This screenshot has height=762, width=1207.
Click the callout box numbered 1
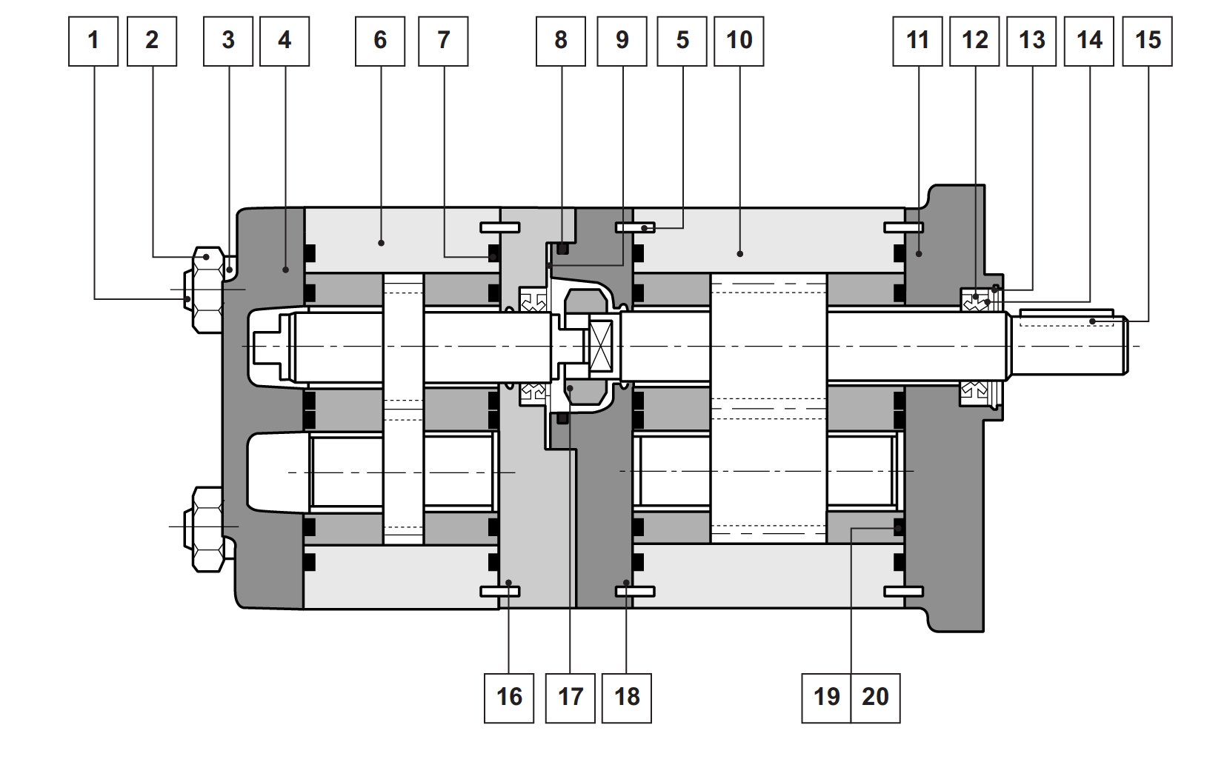tap(93, 41)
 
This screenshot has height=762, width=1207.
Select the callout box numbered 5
tap(682, 41)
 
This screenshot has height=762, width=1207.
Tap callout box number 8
tap(561, 41)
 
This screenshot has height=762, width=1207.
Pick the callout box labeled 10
tap(739, 41)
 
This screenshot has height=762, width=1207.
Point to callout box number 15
tap(1147, 41)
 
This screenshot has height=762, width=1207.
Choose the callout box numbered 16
tap(509, 698)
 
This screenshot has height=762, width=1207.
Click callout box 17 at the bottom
tap(571, 698)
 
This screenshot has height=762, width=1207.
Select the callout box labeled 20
tap(875, 698)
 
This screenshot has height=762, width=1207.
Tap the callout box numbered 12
tap(975, 41)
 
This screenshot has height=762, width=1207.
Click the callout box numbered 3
tap(228, 41)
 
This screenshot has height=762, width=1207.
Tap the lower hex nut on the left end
tap(207, 529)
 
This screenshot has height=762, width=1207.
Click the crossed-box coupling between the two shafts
tap(600, 346)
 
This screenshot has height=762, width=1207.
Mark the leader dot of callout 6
tap(381, 243)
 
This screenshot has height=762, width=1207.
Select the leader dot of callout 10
tap(739, 253)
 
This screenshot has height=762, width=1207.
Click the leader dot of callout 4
tap(285, 270)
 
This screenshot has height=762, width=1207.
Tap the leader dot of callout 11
tap(919, 254)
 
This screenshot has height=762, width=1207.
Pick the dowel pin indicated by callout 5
tap(636, 228)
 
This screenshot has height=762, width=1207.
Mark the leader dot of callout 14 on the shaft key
tap(1092, 321)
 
